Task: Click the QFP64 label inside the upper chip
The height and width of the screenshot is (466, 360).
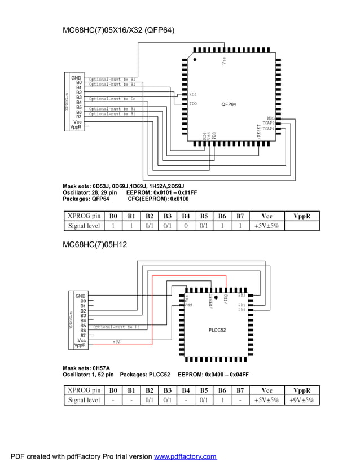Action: [229, 104]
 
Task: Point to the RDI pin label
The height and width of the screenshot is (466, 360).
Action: [193, 94]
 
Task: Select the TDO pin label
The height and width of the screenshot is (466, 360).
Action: [193, 104]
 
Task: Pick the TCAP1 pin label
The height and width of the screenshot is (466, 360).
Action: [268, 129]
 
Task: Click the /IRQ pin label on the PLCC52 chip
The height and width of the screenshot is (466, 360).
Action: [226, 299]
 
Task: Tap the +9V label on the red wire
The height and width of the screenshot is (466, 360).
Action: [117, 341]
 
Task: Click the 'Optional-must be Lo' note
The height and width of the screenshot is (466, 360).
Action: [112, 98]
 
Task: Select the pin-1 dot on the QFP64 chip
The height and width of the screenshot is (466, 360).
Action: [195, 59]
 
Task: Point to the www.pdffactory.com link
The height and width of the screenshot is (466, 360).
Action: [185, 456]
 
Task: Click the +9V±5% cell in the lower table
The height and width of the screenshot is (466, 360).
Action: [302, 400]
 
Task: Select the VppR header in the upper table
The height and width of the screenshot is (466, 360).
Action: [302, 216]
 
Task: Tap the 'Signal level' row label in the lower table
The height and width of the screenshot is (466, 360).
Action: [84, 400]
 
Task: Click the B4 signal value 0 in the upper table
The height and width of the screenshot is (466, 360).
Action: [186, 226]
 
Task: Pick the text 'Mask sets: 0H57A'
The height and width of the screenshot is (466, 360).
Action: [86, 368]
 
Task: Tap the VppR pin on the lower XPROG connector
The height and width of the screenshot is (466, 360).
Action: [79, 345]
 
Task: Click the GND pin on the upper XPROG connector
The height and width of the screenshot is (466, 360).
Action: [76, 78]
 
